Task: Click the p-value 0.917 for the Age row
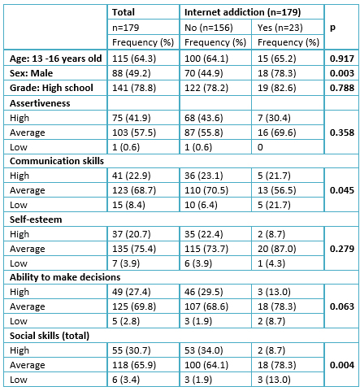coord(342,59)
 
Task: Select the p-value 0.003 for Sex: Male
coord(342,73)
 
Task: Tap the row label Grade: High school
coord(51,88)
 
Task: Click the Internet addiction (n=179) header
coord(242,12)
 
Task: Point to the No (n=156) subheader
coord(209,28)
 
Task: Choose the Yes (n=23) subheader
coord(280,28)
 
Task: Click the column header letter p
coord(332,28)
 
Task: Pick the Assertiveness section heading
coord(40,103)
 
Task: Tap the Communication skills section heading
coord(57,161)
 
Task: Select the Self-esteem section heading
coord(36,219)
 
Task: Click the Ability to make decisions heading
coord(65,277)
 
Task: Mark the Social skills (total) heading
coord(50,336)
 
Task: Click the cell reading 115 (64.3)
coord(134,59)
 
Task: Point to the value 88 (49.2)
coord(132,73)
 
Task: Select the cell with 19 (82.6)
coord(277,88)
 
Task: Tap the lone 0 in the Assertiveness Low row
coord(260,147)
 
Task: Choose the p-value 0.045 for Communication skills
coord(342,190)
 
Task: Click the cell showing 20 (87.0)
coord(277,249)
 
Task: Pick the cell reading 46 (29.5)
coord(204,292)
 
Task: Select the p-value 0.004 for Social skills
coord(342,365)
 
